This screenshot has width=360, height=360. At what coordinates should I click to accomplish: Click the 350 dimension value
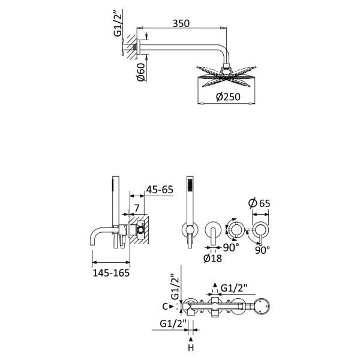181,23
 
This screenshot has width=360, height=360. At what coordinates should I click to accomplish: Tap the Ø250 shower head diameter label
228,97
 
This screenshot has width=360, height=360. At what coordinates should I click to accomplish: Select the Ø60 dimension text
142,72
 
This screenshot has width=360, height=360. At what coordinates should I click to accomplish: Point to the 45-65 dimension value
160,190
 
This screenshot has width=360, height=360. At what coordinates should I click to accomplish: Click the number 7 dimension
137,208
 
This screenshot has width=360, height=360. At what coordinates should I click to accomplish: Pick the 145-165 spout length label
111,273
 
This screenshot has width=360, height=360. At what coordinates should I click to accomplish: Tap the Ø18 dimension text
212,258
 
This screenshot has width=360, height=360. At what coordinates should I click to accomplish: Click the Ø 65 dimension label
259,203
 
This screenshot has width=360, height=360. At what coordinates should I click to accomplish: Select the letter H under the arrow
191,348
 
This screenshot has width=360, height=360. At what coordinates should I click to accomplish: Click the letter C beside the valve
165,307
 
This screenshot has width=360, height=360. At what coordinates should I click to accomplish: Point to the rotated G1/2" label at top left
118,23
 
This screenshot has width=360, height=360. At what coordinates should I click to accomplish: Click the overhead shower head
226,77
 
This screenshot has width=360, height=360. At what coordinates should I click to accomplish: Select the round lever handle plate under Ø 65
260,230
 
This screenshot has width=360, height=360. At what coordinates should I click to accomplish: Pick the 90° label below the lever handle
262,250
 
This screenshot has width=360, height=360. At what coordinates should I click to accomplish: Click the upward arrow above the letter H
191,339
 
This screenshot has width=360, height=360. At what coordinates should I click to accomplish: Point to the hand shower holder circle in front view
190,230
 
